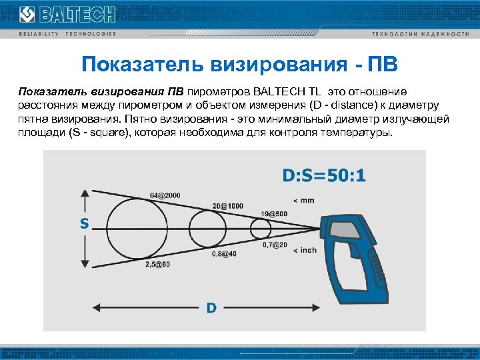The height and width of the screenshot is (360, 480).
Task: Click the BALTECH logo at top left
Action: tap(67, 14)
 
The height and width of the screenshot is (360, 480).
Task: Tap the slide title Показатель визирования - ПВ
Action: tap(239, 65)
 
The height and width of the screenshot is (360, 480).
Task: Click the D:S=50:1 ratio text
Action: tap(324, 176)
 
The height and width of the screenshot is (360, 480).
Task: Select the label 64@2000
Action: tap(165, 195)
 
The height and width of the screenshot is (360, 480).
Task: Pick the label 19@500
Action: tap(274, 213)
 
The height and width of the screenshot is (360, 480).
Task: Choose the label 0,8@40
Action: tap(224, 254)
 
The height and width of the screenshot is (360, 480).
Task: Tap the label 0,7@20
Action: tap(275, 245)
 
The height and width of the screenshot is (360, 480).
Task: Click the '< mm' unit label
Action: tap(303, 200)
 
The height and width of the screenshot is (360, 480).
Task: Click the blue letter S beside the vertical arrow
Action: tap(85, 224)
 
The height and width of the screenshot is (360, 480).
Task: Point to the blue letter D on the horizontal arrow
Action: tap(211, 307)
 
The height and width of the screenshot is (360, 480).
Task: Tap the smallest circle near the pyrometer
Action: tap(260, 229)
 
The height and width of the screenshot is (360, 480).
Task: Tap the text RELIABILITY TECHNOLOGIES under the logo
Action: tap(67, 34)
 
